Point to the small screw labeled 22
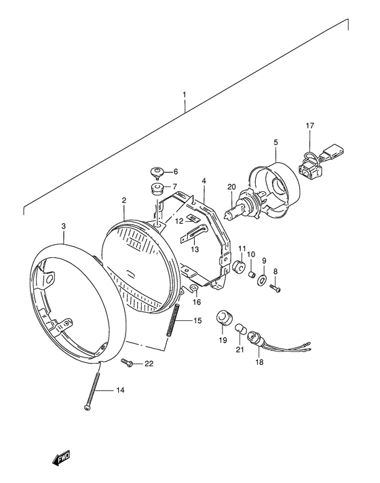[x=128, y=364]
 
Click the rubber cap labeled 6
[x=156, y=171]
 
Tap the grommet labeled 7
[x=155, y=187]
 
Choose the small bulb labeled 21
[x=240, y=329]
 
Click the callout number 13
[x=195, y=250]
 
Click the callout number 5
[x=276, y=142]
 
